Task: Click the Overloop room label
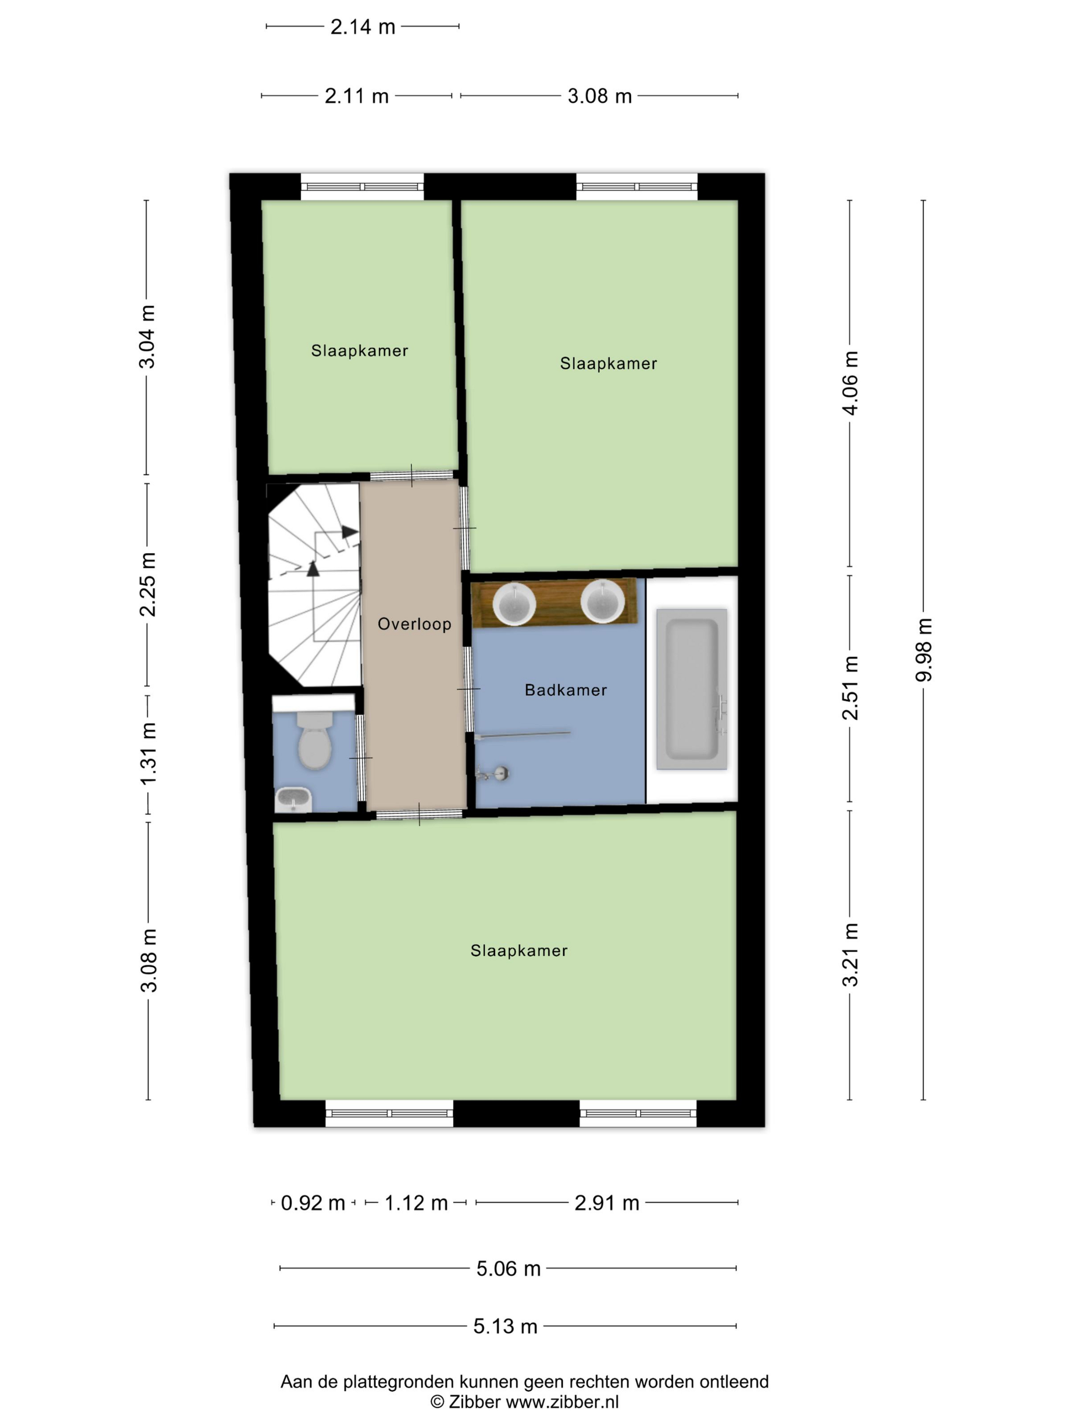click(x=414, y=624)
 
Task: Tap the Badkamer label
click(x=566, y=690)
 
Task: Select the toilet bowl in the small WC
click(x=315, y=740)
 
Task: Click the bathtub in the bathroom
click(x=691, y=689)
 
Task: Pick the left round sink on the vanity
click(x=514, y=604)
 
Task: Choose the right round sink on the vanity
click(x=602, y=601)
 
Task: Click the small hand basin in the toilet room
click(x=293, y=800)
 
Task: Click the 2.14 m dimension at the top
click(x=362, y=27)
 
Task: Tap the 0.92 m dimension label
click(x=313, y=1203)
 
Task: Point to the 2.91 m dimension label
click(x=607, y=1203)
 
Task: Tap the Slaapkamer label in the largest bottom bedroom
click(x=519, y=951)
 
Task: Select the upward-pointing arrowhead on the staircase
click(x=313, y=568)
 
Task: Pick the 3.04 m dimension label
click(x=147, y=337)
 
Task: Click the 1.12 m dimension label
click(x=416, y=1203)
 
